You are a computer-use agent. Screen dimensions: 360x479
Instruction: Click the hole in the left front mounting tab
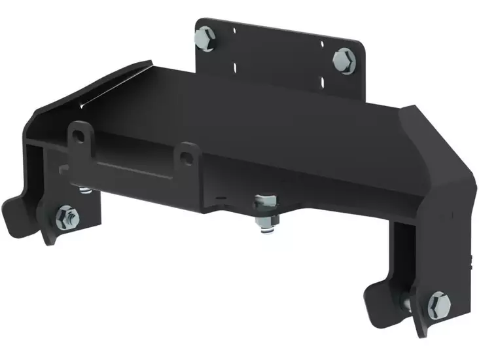click(x=79, y=135)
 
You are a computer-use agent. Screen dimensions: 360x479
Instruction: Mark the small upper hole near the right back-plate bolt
click(x=322, y=45)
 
